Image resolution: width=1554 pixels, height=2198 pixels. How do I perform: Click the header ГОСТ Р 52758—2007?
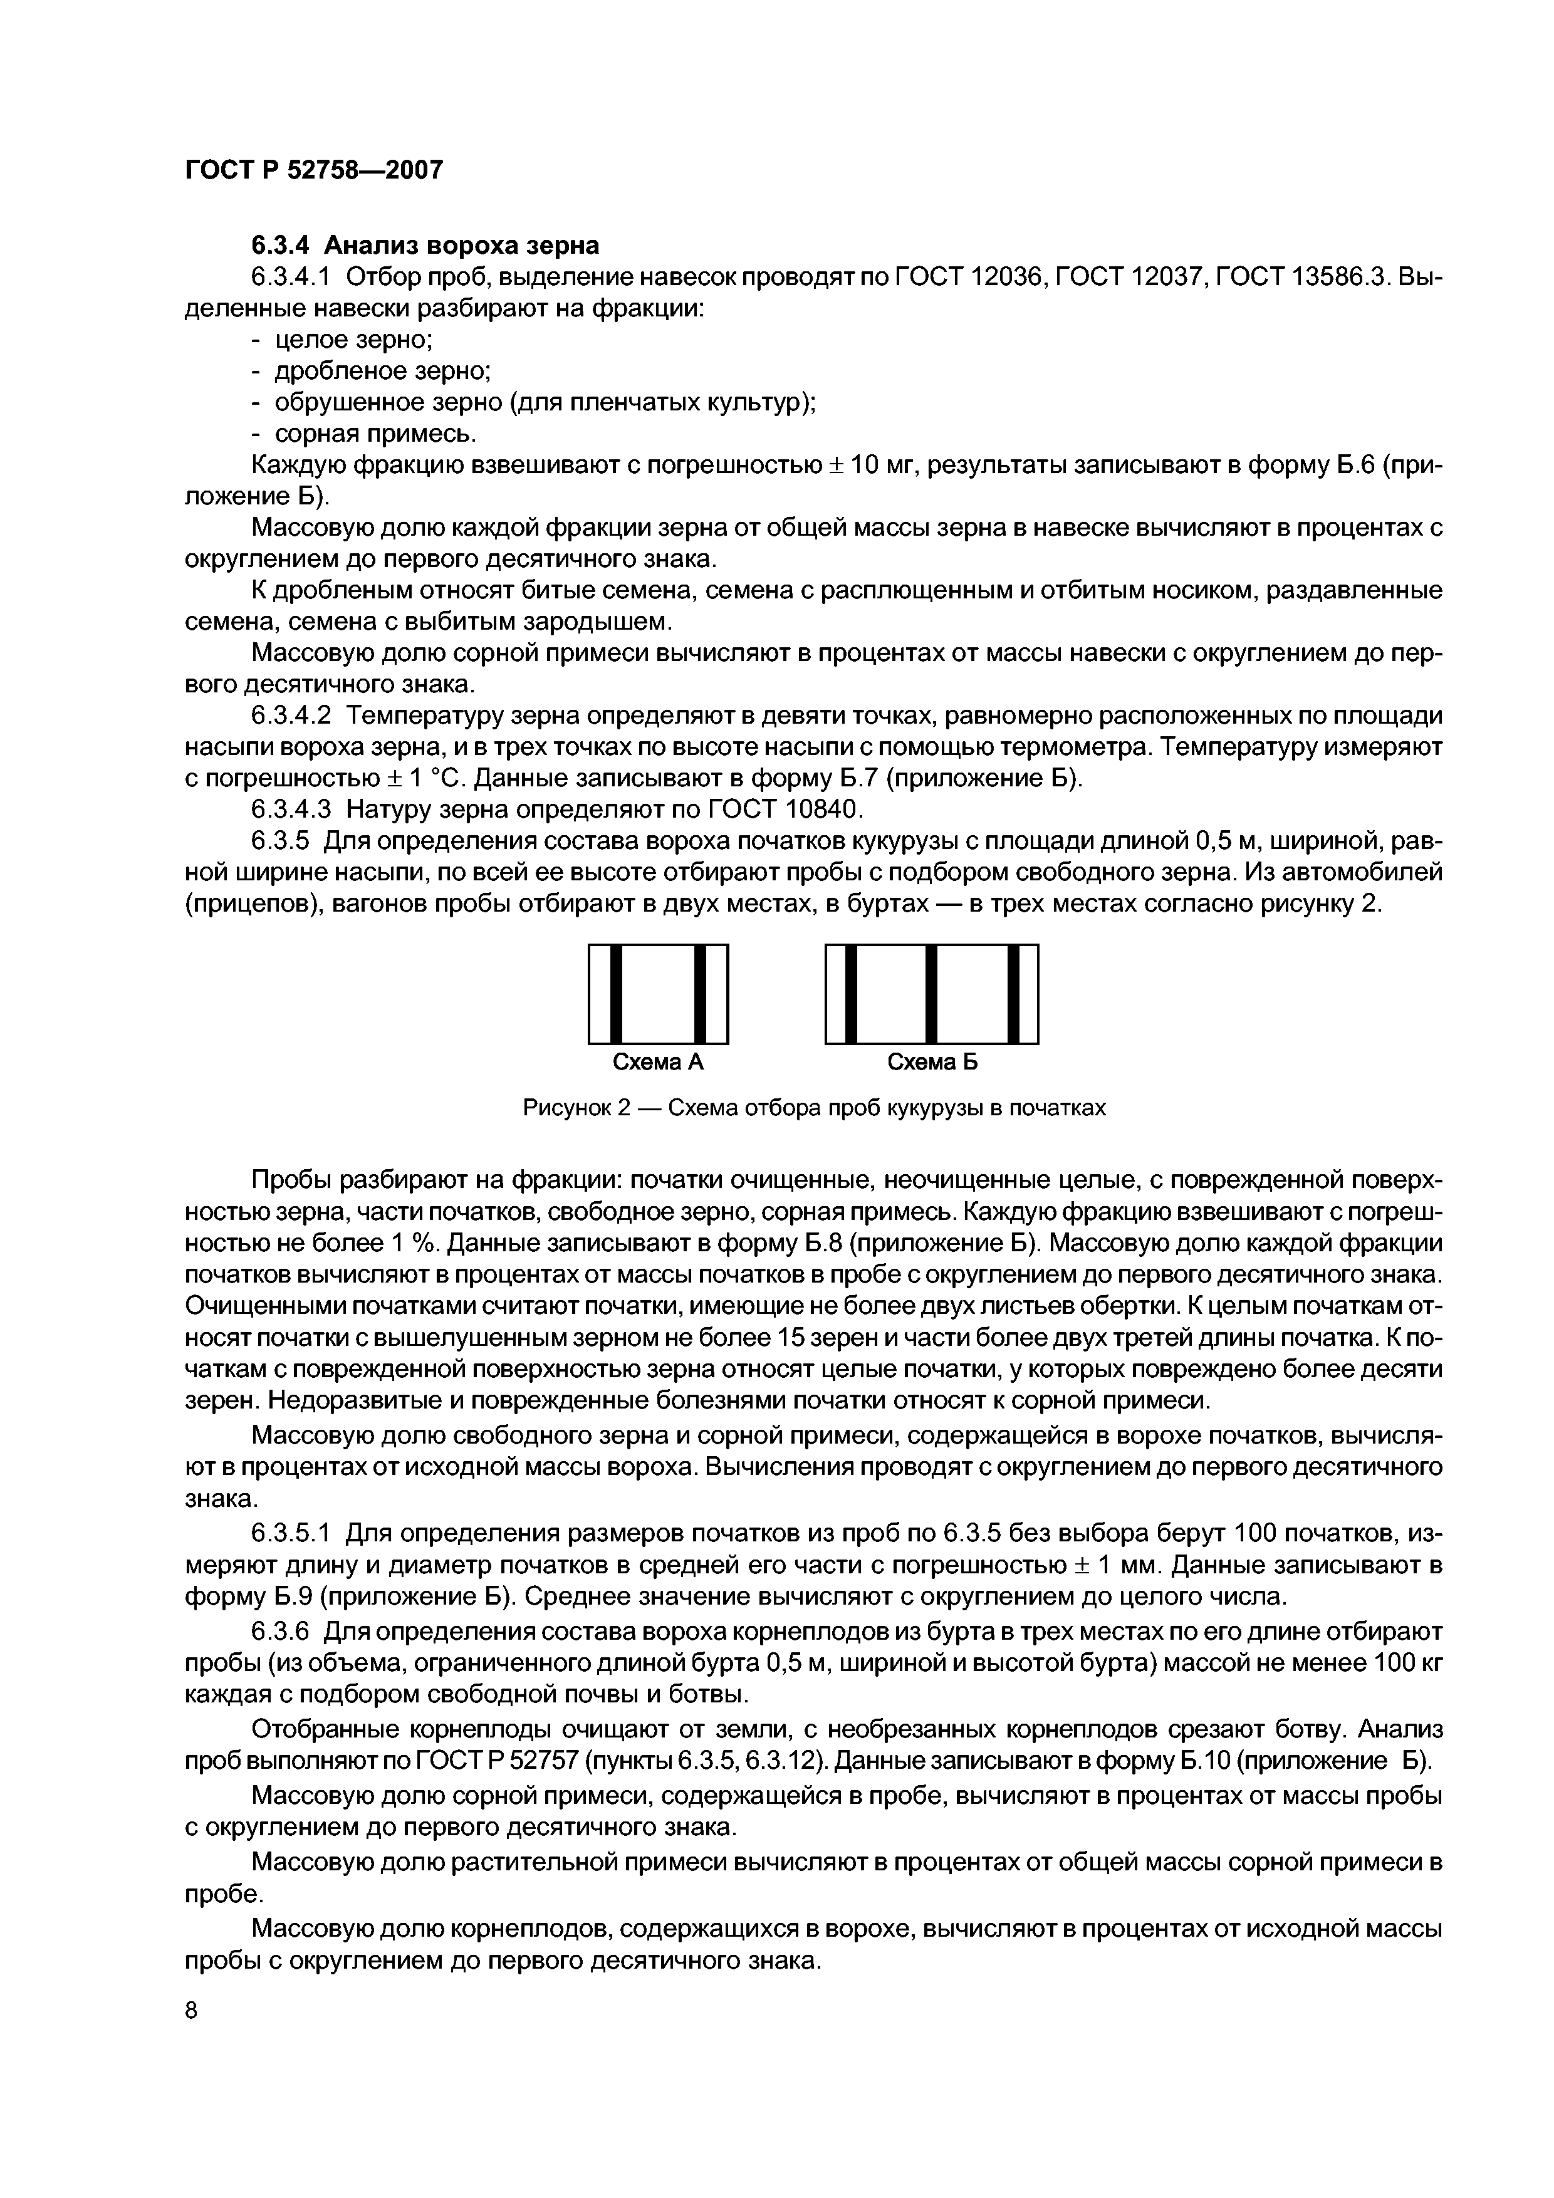(x=313, y=170)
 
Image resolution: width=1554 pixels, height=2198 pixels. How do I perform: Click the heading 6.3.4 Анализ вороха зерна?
(x=425, y=246)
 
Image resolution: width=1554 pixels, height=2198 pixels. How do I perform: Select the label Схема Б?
(x=932, y=1063)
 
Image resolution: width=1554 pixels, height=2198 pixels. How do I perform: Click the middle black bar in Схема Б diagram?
(x=931, y=994)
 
